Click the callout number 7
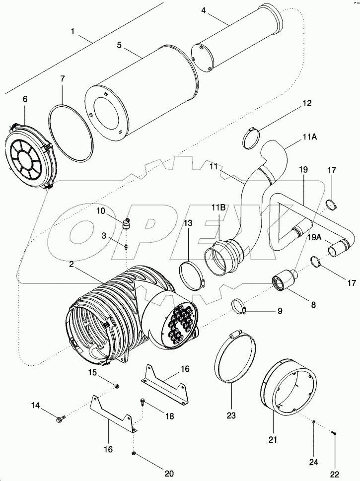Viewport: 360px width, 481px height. coord(63,78)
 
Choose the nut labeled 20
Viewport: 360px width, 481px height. coord(135,454)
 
